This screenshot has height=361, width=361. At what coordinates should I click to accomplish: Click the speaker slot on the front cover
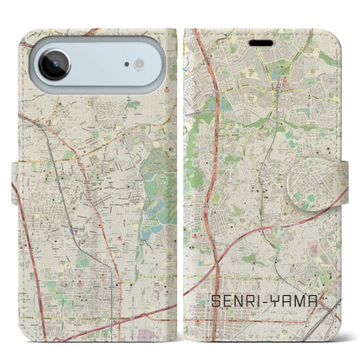(x=260, y=41)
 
